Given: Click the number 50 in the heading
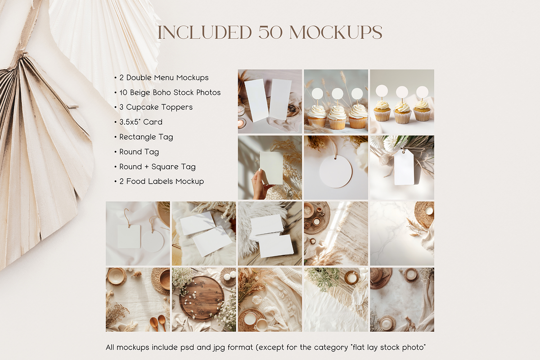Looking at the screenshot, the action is point(270,32).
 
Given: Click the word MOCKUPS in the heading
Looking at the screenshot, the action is point(336,32).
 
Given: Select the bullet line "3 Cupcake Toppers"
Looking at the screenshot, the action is point(156,107).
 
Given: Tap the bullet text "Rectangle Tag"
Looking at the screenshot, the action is point(146,137).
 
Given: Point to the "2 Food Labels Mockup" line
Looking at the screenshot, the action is point(162,181).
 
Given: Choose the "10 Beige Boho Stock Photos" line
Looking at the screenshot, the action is point(170,92).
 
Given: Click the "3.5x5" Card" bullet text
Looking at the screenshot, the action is point(141,122).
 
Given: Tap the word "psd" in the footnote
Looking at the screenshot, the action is point(187,347).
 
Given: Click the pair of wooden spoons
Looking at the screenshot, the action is point(158,323).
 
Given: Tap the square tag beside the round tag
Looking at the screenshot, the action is point(129,237).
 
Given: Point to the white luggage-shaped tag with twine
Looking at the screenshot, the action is point(403,167).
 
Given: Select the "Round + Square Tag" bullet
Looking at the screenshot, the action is point(157,166).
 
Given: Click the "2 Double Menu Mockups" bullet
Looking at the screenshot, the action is point(164,78).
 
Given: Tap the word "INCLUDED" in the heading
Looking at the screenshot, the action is point(205,32).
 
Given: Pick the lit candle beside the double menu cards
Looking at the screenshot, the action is point(241,123).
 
